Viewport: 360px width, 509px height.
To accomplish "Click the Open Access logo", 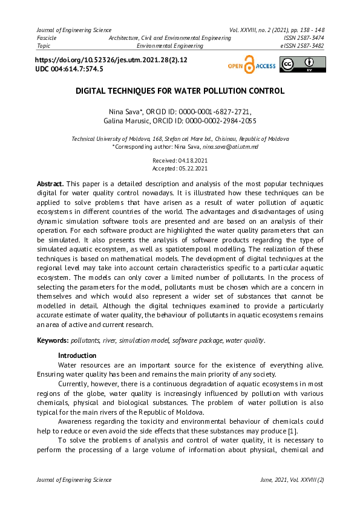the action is tap(251, 66).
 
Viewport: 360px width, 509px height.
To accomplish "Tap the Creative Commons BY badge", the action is tap(303, 65).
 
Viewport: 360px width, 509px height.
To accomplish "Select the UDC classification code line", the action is tap(70, 70).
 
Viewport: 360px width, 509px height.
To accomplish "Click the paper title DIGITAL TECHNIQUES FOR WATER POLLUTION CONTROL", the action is tap(180, 91).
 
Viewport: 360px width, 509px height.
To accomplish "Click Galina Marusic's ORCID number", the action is tap(220, 121).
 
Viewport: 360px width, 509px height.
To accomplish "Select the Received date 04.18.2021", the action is tap(192, 160).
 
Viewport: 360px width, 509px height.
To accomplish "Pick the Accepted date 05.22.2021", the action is tap(193, 169).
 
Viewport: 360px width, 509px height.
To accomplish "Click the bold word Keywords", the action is tap(53, 341).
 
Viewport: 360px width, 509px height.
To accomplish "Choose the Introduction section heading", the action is tap(77, 355).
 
